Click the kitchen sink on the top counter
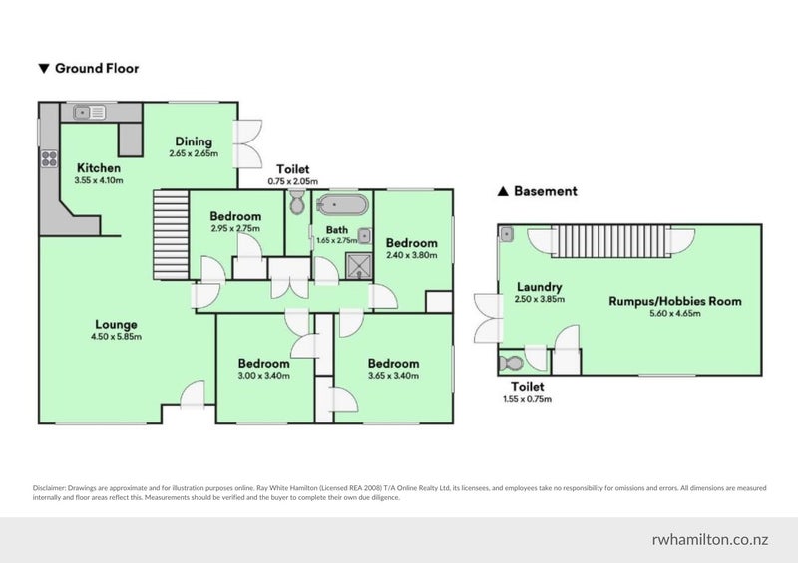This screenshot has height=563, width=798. [x=89, y=112]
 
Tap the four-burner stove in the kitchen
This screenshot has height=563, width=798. [x=49, y=158]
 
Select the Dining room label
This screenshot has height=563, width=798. [x=194, y=141]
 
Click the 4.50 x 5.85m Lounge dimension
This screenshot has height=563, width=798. [x=116, y=337]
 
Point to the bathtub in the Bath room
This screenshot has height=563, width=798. [x=341, y=205]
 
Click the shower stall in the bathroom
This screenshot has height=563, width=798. [x=359, y=265]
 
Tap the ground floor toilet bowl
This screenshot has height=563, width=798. [x=297, y=202]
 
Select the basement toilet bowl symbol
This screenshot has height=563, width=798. [x=511, y=363]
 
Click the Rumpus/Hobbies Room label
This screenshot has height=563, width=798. [x=675, y=301]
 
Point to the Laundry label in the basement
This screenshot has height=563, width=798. [x=539, y=287]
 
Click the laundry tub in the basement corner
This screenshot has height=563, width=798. [x=507, y=234]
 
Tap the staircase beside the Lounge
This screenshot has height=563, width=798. [x=171, y=234]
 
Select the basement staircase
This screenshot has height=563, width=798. [x=610, y=241]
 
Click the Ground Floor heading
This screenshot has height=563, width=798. [x=89, y=68]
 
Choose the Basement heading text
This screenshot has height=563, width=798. [x=538, y=191]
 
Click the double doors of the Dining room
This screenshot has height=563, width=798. [x=247, y=143]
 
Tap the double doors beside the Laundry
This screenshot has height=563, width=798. [x=488, y=318]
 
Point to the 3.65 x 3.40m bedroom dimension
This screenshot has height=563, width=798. [x=393, y=376]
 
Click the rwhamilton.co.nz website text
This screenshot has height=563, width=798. [x=710, y=540]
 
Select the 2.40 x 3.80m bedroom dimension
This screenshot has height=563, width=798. [x=411, y=255]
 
